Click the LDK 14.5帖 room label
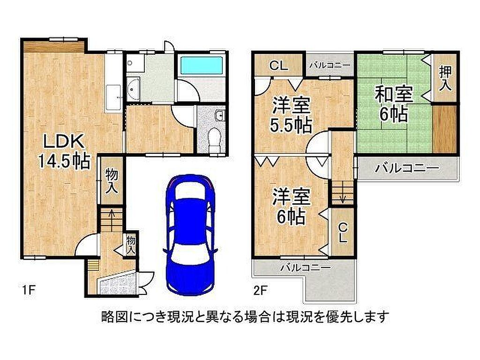click(x=64, y=152)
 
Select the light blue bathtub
click(x=201, y=65)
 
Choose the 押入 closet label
click(x=445, y=79)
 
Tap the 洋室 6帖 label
click(x=291, y=206)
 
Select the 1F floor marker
click(x=29, y=290)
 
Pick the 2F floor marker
click(x=261, y=290)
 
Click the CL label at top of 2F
click(x=278, y=66)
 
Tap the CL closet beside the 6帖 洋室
click(x=343, y=232)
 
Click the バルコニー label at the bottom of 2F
click(x=306, y=268)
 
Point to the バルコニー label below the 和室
click(x=407, y=168)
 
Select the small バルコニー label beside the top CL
click(x=330, y=65)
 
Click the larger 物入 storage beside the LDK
click(x=112, y=180)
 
